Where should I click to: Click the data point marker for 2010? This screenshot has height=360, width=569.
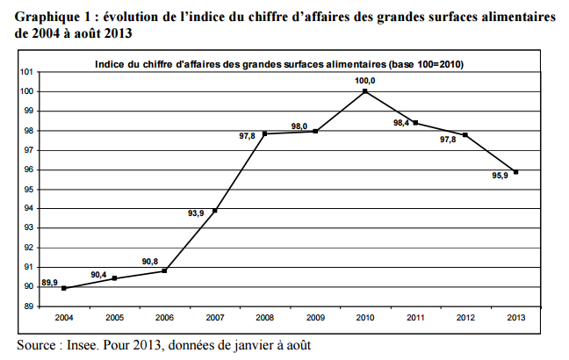364,91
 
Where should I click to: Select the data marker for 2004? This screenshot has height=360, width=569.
64,288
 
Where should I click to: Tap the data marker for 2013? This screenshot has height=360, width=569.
515,172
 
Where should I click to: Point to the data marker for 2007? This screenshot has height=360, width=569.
214,211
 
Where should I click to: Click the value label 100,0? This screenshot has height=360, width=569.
364,80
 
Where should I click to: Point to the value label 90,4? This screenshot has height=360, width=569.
99,275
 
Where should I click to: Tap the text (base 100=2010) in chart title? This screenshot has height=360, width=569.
420,64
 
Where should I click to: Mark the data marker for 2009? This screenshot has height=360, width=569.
314,132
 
